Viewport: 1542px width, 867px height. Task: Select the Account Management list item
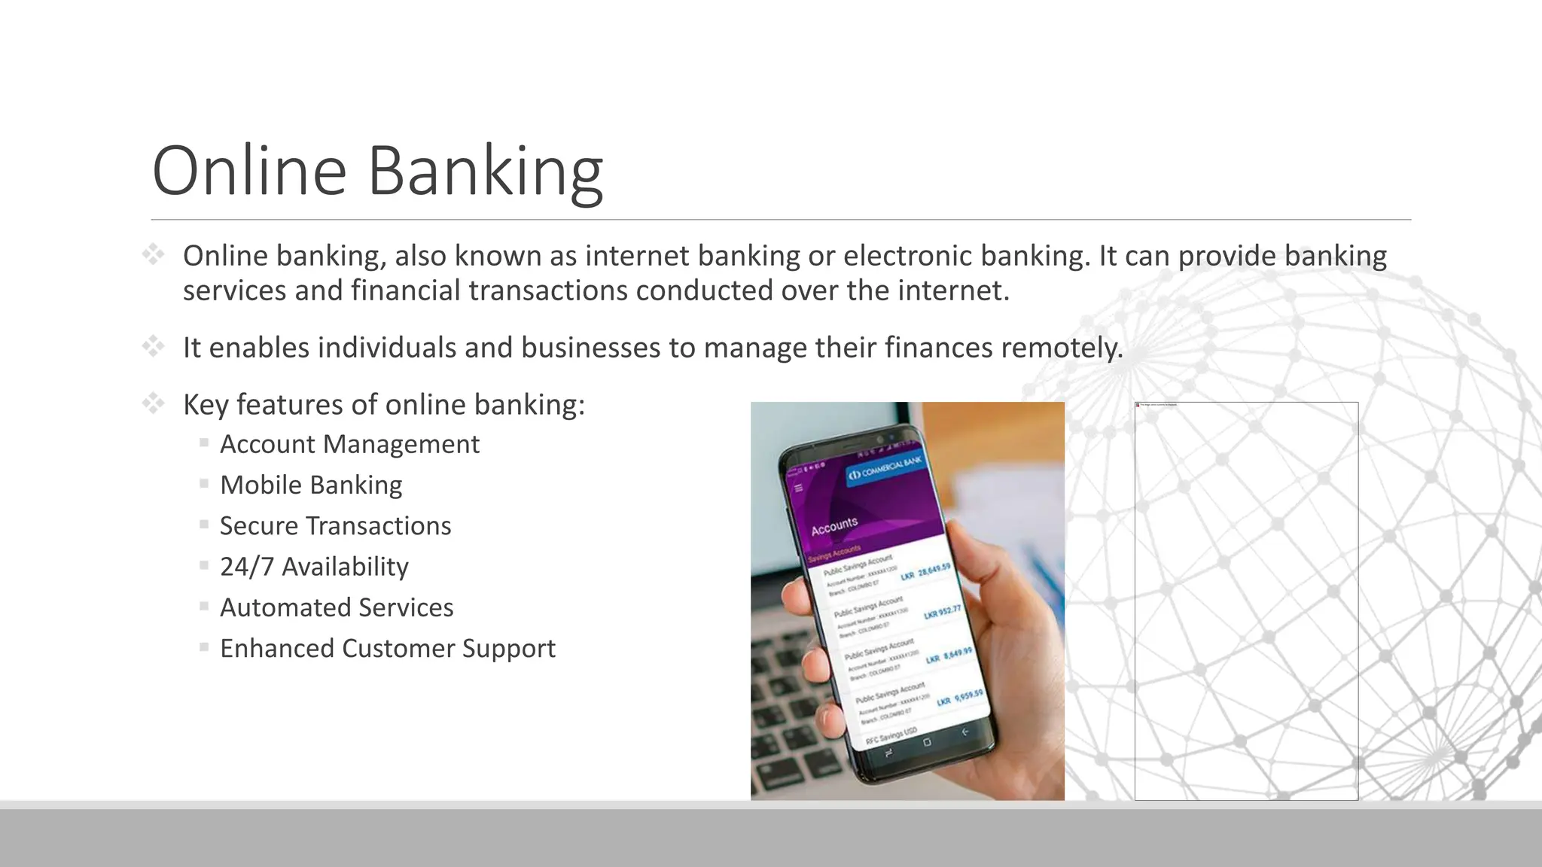pos(349,445)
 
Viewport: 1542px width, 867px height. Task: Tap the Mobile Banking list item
pos(311,485)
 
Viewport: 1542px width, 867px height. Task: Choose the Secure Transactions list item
pos(335,526)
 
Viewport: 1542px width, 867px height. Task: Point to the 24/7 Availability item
pos(314,567)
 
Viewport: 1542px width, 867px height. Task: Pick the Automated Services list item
pos(337,607)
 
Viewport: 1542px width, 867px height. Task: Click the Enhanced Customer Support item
pos(387,649)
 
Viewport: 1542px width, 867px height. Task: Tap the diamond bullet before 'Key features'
pos(154,404)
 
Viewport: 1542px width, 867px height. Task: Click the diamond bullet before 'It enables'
pos(154,347)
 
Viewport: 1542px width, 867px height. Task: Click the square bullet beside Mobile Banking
pos(204,484)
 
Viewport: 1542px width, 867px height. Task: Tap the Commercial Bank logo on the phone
pos(885,469)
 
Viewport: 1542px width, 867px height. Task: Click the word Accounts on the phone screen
pos(834,526)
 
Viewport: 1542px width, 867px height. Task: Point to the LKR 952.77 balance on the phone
pos(943,612)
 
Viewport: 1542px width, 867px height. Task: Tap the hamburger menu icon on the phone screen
pos(799,488)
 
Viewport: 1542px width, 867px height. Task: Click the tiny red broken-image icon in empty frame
pos(1138,405)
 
